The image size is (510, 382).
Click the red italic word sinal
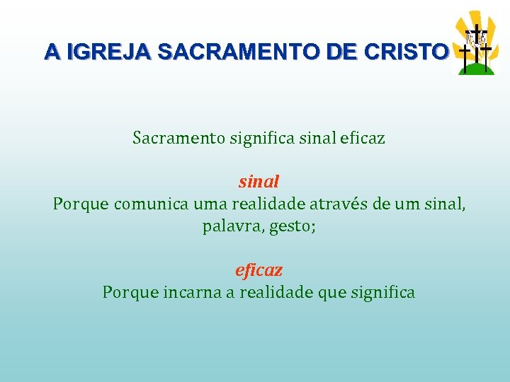click(x=259, y=182)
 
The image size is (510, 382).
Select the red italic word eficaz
click(x=259, y=270)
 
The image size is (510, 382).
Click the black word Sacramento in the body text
click(x=179, y=138)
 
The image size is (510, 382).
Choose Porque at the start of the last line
click(x=125, y=292)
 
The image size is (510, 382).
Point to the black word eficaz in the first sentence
click(x=362, y=138)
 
